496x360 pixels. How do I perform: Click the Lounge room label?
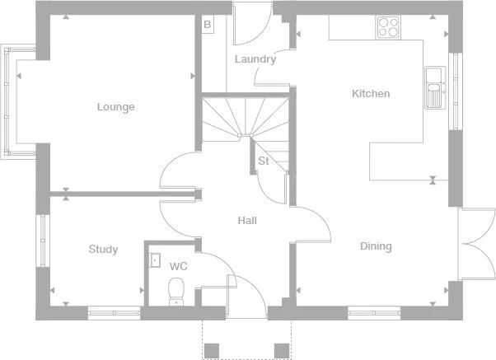tap(115, 107)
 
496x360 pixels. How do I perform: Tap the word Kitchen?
tap(371, 94)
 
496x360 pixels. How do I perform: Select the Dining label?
tap(376, 246)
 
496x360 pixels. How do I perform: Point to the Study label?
tap(103, 250)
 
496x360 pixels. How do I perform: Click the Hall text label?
tap(247, 221)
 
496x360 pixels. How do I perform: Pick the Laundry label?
tap(255, 59)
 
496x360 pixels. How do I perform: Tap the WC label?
tap(179, 267)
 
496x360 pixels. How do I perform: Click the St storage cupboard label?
tap(264, 161)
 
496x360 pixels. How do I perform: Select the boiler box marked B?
tap(207, 25)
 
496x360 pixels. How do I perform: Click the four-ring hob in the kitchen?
tap(388, 27)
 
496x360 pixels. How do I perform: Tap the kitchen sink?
tap(434, 87)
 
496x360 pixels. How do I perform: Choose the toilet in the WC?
tap(175, 291)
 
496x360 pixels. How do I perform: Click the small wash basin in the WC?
tap(154, 260)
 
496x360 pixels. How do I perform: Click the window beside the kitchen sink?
tap(454, 91)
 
